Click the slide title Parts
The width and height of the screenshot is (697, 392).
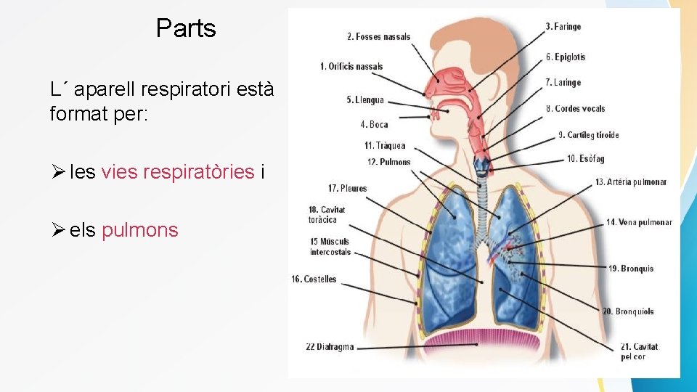[186, 28]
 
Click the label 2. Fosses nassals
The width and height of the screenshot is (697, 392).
[378, 37]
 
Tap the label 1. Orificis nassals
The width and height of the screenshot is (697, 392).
[351, 67]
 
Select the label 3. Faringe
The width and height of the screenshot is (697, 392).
[563, 27]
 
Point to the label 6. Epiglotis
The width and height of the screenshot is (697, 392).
[565, 57]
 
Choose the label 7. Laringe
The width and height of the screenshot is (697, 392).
[563, 83]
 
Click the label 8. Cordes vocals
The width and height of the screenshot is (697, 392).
[575, 109]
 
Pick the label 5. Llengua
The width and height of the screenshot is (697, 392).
[364, 99]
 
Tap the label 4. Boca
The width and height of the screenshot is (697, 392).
[374, 125]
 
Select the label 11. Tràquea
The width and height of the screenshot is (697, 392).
[385, 146]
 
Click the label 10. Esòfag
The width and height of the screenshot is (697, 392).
[585, 159]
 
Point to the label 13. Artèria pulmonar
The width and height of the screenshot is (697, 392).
[630, 182]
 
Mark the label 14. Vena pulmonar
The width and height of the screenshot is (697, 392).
[639, 222]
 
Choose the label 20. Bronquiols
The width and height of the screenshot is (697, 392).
[627, 311]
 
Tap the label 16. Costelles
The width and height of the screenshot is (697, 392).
[314, 279]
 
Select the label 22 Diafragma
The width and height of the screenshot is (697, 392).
[330, 347]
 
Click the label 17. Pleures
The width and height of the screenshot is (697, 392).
[347, 189]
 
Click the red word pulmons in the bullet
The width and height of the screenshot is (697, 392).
[139, 230]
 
